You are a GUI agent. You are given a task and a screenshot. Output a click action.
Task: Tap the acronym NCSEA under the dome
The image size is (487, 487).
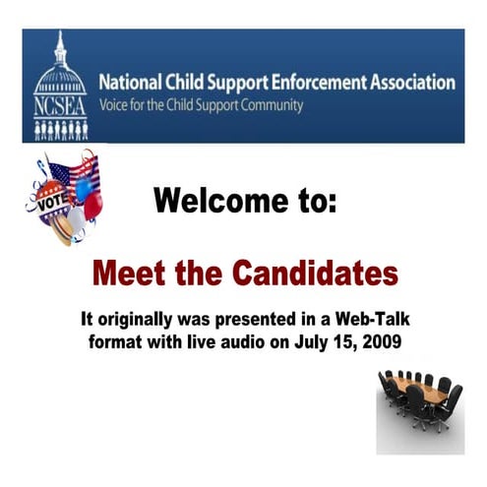pos(60,101)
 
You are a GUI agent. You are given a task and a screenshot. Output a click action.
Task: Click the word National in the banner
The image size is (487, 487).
pos(129,83)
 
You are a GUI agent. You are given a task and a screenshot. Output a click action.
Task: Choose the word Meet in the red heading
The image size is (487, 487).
pos(128,270)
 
